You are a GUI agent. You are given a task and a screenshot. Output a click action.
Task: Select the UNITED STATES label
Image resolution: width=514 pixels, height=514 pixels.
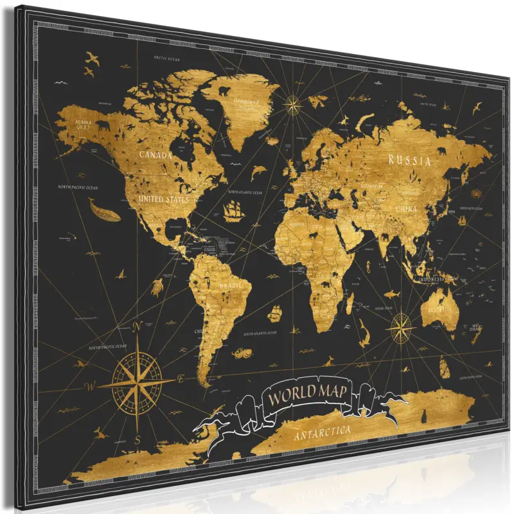point(164,199)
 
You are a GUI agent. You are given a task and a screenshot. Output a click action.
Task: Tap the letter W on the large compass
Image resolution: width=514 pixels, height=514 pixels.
point(90,387)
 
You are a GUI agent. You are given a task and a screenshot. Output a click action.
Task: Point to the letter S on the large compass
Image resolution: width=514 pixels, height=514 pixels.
point(138,440)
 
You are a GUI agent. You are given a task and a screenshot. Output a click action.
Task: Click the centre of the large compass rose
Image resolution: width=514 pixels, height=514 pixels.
point(137,384)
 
